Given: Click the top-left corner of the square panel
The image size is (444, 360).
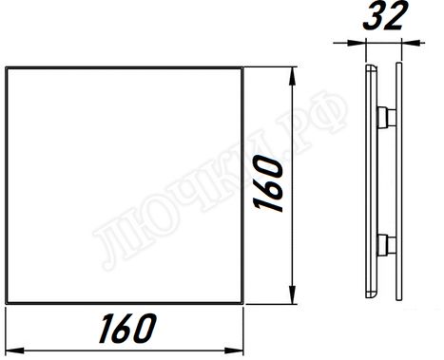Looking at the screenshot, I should (7, 67).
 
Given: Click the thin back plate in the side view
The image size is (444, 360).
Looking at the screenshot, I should (366, 180).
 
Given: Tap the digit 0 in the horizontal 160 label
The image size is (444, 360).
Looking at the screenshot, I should (145, 329).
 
